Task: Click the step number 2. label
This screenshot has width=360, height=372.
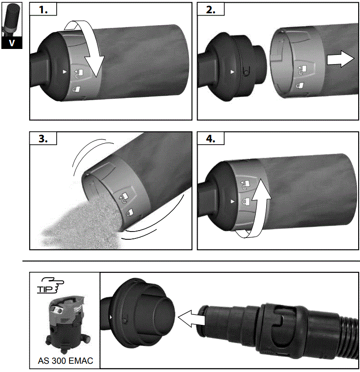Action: tap(212, 11)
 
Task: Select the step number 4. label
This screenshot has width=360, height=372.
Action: tap(212, 139)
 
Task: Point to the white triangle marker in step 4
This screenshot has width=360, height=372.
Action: tap(233, 201)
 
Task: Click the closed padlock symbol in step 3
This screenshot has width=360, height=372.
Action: tap(131, 212)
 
